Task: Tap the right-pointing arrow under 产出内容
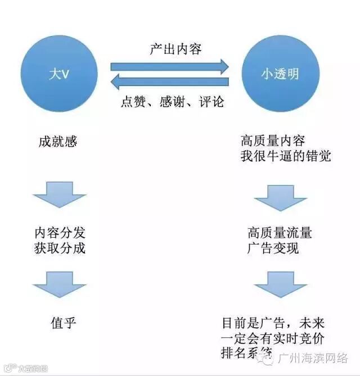click(x=169, y=66)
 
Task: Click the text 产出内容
click(x=175, y=49)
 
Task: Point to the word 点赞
click(x=134, y=102)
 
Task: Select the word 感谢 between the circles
click(x=173, y=102)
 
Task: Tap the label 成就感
click(x=58, y=141)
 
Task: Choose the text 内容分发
click(x=60, y=232)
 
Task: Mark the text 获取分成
click(x=60, y=247)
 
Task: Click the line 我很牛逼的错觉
click(x=285, y=156)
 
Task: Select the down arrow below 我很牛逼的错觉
click(x=280, y=197)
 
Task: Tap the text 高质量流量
click(x=279, y=232)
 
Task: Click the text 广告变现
click(x=273, y=248)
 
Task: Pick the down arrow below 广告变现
click(x=280, y=284)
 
